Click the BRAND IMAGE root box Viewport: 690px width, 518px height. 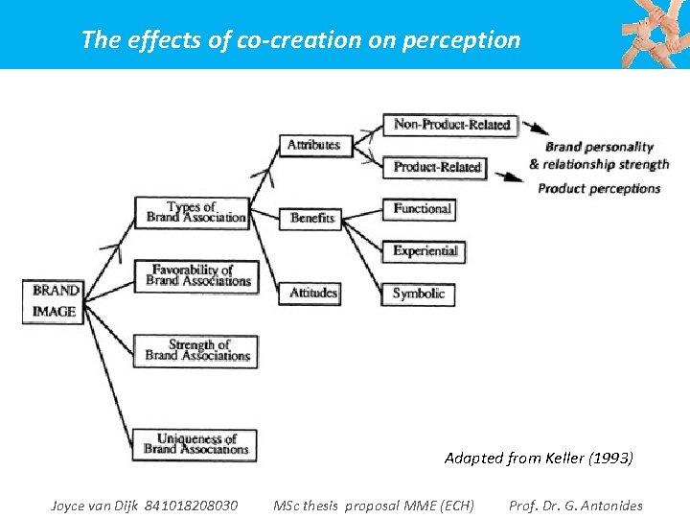(56, 300)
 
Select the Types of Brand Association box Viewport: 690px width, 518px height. (192, 212)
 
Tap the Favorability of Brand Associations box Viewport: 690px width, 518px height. (197, 275)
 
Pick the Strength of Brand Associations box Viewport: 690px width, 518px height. (197, 349)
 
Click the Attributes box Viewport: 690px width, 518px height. (313, 145)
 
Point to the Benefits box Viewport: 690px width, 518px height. (312, 218)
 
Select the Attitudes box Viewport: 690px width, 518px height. (314, 292)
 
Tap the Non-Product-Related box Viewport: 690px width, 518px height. (451, 125)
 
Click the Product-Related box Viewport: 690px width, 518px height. (436, 167)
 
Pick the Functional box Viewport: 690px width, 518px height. (422, 208)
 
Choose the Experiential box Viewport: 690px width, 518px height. (425, 251)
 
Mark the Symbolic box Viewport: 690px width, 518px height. (419, 294)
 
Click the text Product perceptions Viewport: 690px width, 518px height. (599, 188)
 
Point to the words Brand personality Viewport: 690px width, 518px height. (599, 147)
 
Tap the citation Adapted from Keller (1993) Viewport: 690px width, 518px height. (539, 459)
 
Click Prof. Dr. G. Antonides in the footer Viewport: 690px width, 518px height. (576, 506)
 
